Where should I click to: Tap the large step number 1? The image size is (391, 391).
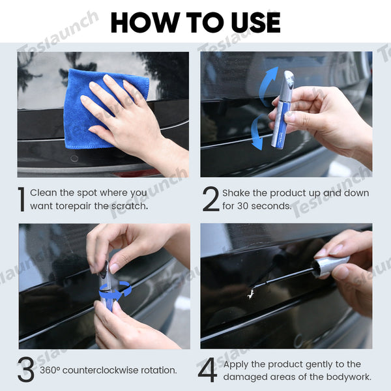[x=21, y=199]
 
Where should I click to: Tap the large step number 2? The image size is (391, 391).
[x=210, y=199]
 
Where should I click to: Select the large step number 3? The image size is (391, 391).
[x=26, y=370]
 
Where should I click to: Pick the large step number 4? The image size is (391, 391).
[x=207, y=370]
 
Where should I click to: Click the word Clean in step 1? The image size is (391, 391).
[x=44, y=193]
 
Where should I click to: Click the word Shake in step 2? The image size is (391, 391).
[x=237, y=193]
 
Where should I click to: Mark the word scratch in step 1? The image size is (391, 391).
[x=128, y=206]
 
